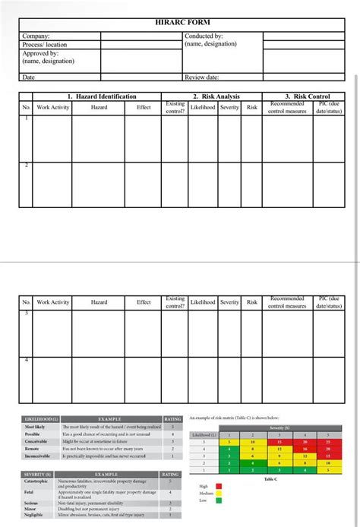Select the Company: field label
coord(36,36)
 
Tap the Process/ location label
coord(45,45)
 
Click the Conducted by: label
coord(204,36)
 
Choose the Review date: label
coord(202,77)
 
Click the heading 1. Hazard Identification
coord(102,96)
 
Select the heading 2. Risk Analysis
coord(216,96)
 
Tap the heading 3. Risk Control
coord(308,96)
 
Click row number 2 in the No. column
coord(27,166)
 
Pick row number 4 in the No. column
coord(27,360)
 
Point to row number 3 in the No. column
coord(27,313)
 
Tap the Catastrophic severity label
coord(38,481)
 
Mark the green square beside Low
coord(219,500)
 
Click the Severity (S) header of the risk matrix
coord(279,428)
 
